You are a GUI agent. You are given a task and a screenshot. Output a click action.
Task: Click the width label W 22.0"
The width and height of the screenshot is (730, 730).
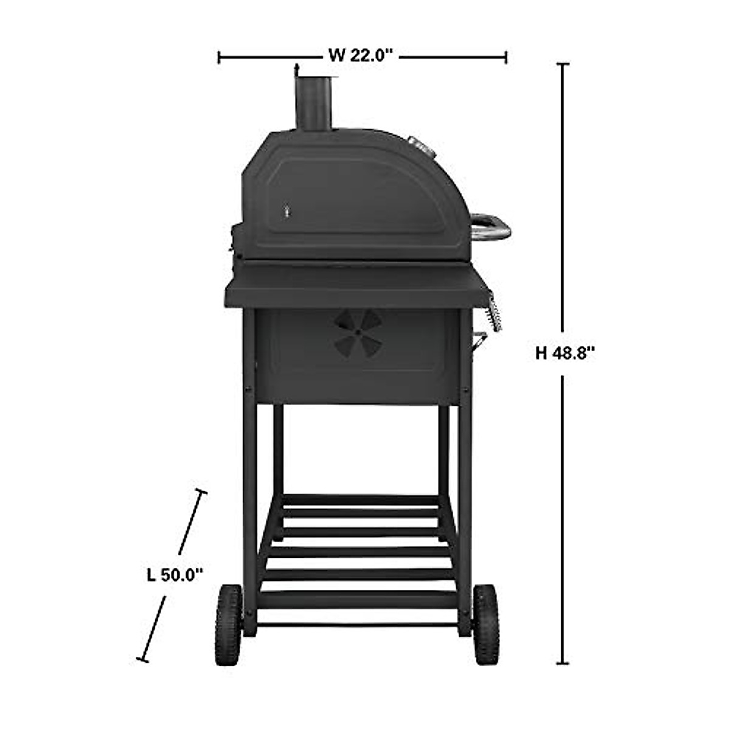363,56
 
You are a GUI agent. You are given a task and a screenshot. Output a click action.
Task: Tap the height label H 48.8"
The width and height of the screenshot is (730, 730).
565,353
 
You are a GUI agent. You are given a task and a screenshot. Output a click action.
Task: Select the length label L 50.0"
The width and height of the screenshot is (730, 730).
174,574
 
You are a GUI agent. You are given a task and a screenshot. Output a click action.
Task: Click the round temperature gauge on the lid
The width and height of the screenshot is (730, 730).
418,145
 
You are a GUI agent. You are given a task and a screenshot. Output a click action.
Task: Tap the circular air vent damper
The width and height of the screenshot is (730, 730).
358,333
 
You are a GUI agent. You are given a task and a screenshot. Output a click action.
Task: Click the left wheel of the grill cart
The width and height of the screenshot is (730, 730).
228,625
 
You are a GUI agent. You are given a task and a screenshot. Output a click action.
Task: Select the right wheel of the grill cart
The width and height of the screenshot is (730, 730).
486,625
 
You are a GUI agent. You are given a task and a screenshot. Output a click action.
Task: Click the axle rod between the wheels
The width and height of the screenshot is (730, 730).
357,625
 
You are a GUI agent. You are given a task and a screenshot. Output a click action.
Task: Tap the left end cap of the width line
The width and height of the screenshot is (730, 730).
219,57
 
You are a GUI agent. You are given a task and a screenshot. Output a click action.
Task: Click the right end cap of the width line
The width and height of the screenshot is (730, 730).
506,57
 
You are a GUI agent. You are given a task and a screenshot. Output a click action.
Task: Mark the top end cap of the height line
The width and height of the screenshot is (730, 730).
564,64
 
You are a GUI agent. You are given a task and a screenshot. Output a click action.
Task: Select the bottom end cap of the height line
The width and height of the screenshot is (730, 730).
564,664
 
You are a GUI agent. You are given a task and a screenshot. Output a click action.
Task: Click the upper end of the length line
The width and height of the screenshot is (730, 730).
201,492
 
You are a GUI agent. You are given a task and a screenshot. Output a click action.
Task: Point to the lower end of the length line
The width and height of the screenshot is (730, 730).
143,658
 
